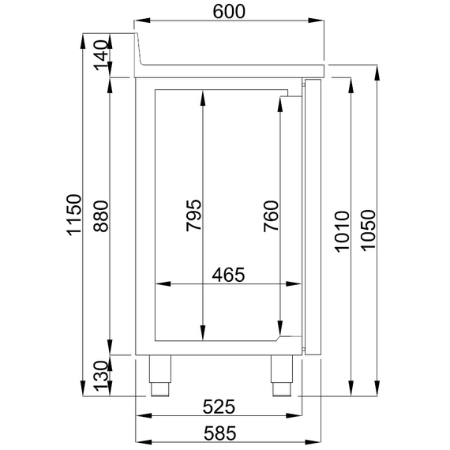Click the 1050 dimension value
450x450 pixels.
(368, 231)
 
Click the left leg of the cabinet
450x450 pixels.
(160, 376)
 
